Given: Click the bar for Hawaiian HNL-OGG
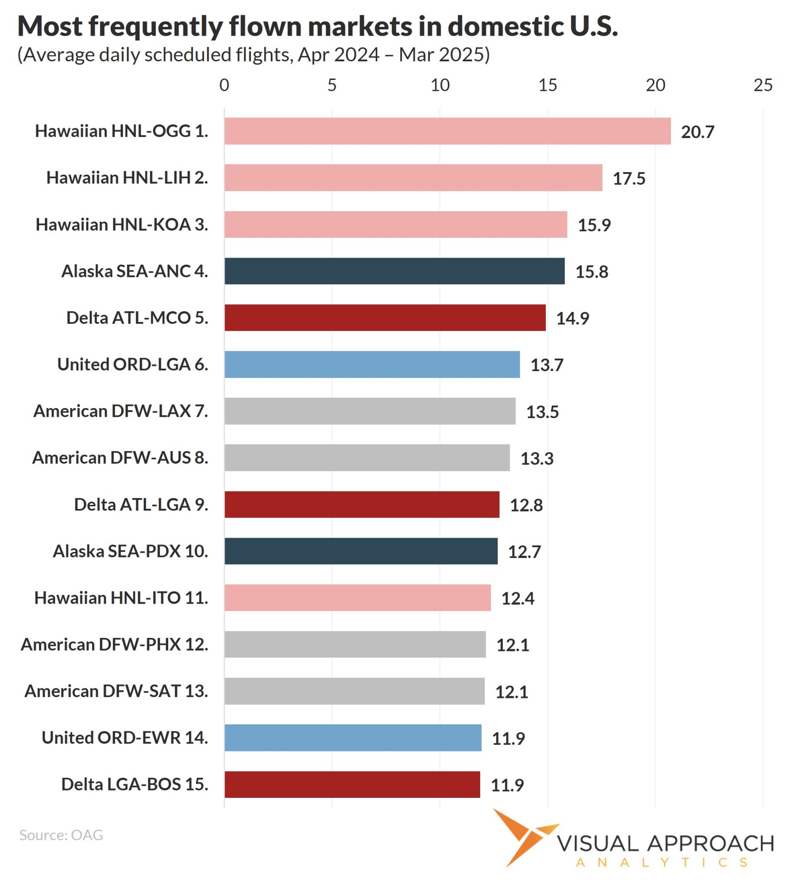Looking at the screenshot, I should (x=447, y=131).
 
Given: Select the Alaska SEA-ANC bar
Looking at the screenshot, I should (x=394, y=271).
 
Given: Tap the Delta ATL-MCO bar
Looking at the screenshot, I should (x=385, y=318).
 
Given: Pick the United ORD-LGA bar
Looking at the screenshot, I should (x=372, y=365).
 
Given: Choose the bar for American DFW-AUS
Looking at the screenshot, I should (x=367, y=458).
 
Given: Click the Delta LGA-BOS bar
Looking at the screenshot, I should (x=352, y=785).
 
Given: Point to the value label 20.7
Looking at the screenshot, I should (x=697, y=132).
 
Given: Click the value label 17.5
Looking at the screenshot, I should (x=629, y=179).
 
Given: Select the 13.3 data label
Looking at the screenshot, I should (x=537, y=458).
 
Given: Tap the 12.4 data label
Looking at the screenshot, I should (x=518, y=598).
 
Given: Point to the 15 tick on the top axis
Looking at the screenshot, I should (x=548, y=85).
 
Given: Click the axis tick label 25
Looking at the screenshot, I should (x=763, y=85).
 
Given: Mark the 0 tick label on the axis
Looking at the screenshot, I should (x=224, y=85).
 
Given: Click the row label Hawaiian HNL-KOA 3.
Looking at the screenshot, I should (x=122, y=225).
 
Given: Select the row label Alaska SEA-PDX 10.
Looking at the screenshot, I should (x=130, y=551).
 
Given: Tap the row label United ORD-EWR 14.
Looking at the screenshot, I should (x=125, y=737).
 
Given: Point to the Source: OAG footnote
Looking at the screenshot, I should (x=61, y=835).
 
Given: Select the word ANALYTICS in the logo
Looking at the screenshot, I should (x=661, y=863).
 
